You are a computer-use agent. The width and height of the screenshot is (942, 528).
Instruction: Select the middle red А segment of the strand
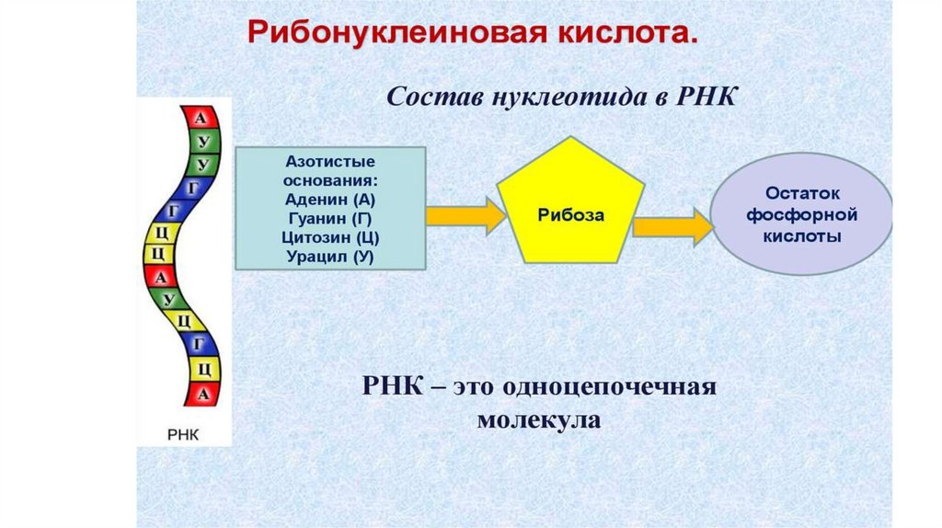(x=162, y=277)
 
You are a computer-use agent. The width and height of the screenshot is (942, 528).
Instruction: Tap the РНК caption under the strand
(x=183, y=433)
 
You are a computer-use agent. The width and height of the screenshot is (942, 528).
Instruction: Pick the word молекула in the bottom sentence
(x=539, y=421)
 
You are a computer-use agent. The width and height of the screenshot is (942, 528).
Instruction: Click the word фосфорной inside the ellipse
(x=802, y=215)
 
